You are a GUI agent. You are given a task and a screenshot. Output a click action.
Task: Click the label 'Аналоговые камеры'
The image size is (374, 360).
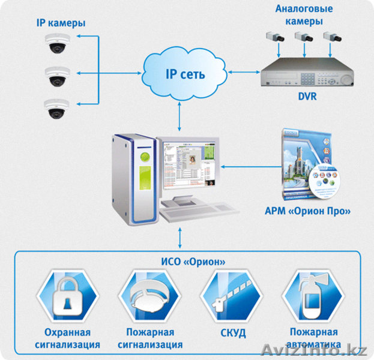point(300,15)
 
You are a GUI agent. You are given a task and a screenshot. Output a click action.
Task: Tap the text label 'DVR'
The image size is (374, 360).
point(307,97)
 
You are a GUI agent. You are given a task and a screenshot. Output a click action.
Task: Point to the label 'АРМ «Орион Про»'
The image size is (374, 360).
point(307,211)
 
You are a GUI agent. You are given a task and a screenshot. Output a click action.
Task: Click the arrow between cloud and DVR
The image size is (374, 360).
point(240,72)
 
